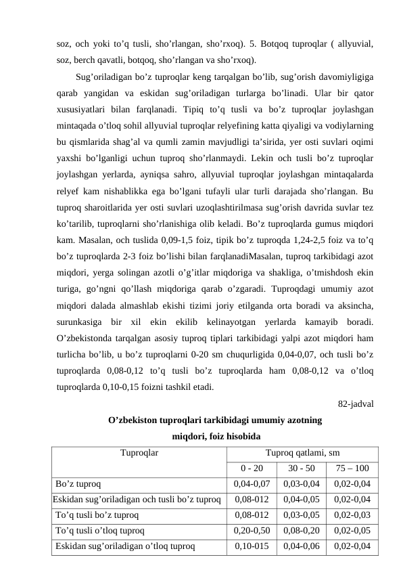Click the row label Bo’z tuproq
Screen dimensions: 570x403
79,484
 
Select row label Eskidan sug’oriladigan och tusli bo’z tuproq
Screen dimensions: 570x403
136,500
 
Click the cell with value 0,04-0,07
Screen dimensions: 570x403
252,484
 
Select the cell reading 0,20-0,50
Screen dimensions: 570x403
252,531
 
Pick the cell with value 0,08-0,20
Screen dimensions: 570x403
301,531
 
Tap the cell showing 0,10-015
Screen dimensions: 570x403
252,546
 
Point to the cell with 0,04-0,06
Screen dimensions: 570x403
301,546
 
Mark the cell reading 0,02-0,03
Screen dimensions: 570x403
352,515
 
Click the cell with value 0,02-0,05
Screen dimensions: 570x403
352,531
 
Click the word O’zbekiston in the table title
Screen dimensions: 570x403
134,420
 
